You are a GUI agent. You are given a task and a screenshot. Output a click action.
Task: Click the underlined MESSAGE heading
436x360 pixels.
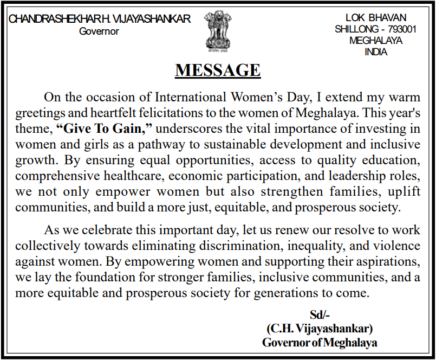[218, 70]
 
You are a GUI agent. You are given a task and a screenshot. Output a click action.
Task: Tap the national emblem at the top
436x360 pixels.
[217, 30]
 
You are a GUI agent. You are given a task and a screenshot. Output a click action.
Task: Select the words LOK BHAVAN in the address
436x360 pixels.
[375, 18]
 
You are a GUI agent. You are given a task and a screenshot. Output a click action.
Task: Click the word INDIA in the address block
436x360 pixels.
[376, 53]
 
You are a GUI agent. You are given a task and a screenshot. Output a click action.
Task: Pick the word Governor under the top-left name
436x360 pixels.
[99, 31]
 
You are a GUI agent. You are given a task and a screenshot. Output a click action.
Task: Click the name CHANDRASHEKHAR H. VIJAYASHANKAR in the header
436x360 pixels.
[100, 19]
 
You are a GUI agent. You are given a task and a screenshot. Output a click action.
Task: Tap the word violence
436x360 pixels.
[399, 246]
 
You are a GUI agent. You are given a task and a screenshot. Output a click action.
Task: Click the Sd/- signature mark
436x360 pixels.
[320, 315]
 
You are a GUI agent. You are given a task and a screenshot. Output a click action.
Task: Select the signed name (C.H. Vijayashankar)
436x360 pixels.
[320, 329]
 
